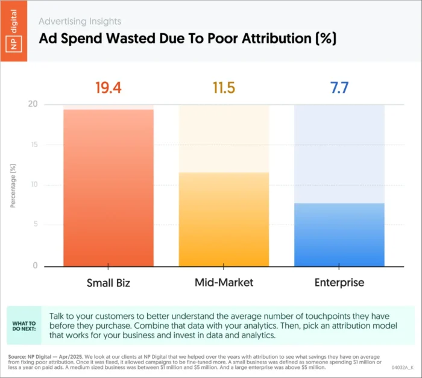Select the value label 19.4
[109, 87]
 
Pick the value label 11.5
[224, 87]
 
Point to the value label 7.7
[339, 87]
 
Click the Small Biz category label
[109, 283]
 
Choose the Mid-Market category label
[224, 283]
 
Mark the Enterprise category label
[339, 283]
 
